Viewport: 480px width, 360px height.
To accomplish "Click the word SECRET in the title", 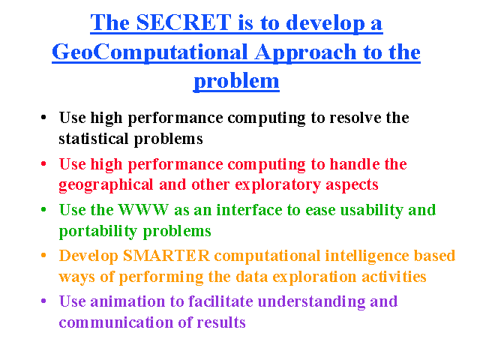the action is [183, 22].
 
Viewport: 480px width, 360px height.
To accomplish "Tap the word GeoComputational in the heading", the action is [150, 52].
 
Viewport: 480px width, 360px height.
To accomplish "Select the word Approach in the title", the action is [305, 52].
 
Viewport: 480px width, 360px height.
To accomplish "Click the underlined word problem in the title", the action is [236, 82].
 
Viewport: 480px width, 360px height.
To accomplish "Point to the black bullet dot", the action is [43, 118].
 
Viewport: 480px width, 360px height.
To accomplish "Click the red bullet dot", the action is [43, 163].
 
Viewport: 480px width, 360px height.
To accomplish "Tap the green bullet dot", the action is [43, 210].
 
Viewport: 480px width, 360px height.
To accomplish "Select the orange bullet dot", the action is [43, 255].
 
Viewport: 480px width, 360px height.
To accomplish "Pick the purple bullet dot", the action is [43, 301].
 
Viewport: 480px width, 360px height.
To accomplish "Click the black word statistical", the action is [93, 139].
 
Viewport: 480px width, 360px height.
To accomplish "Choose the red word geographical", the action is [106, 185].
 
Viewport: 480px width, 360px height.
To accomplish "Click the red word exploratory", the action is [277, 185].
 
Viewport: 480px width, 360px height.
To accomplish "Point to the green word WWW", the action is [143, 210].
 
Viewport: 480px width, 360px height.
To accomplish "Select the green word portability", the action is [98, 232].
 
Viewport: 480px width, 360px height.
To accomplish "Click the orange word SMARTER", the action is [166, 256].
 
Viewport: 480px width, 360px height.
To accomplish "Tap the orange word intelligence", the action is [367, 256].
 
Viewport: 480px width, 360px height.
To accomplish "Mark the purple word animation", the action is [127, 301].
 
